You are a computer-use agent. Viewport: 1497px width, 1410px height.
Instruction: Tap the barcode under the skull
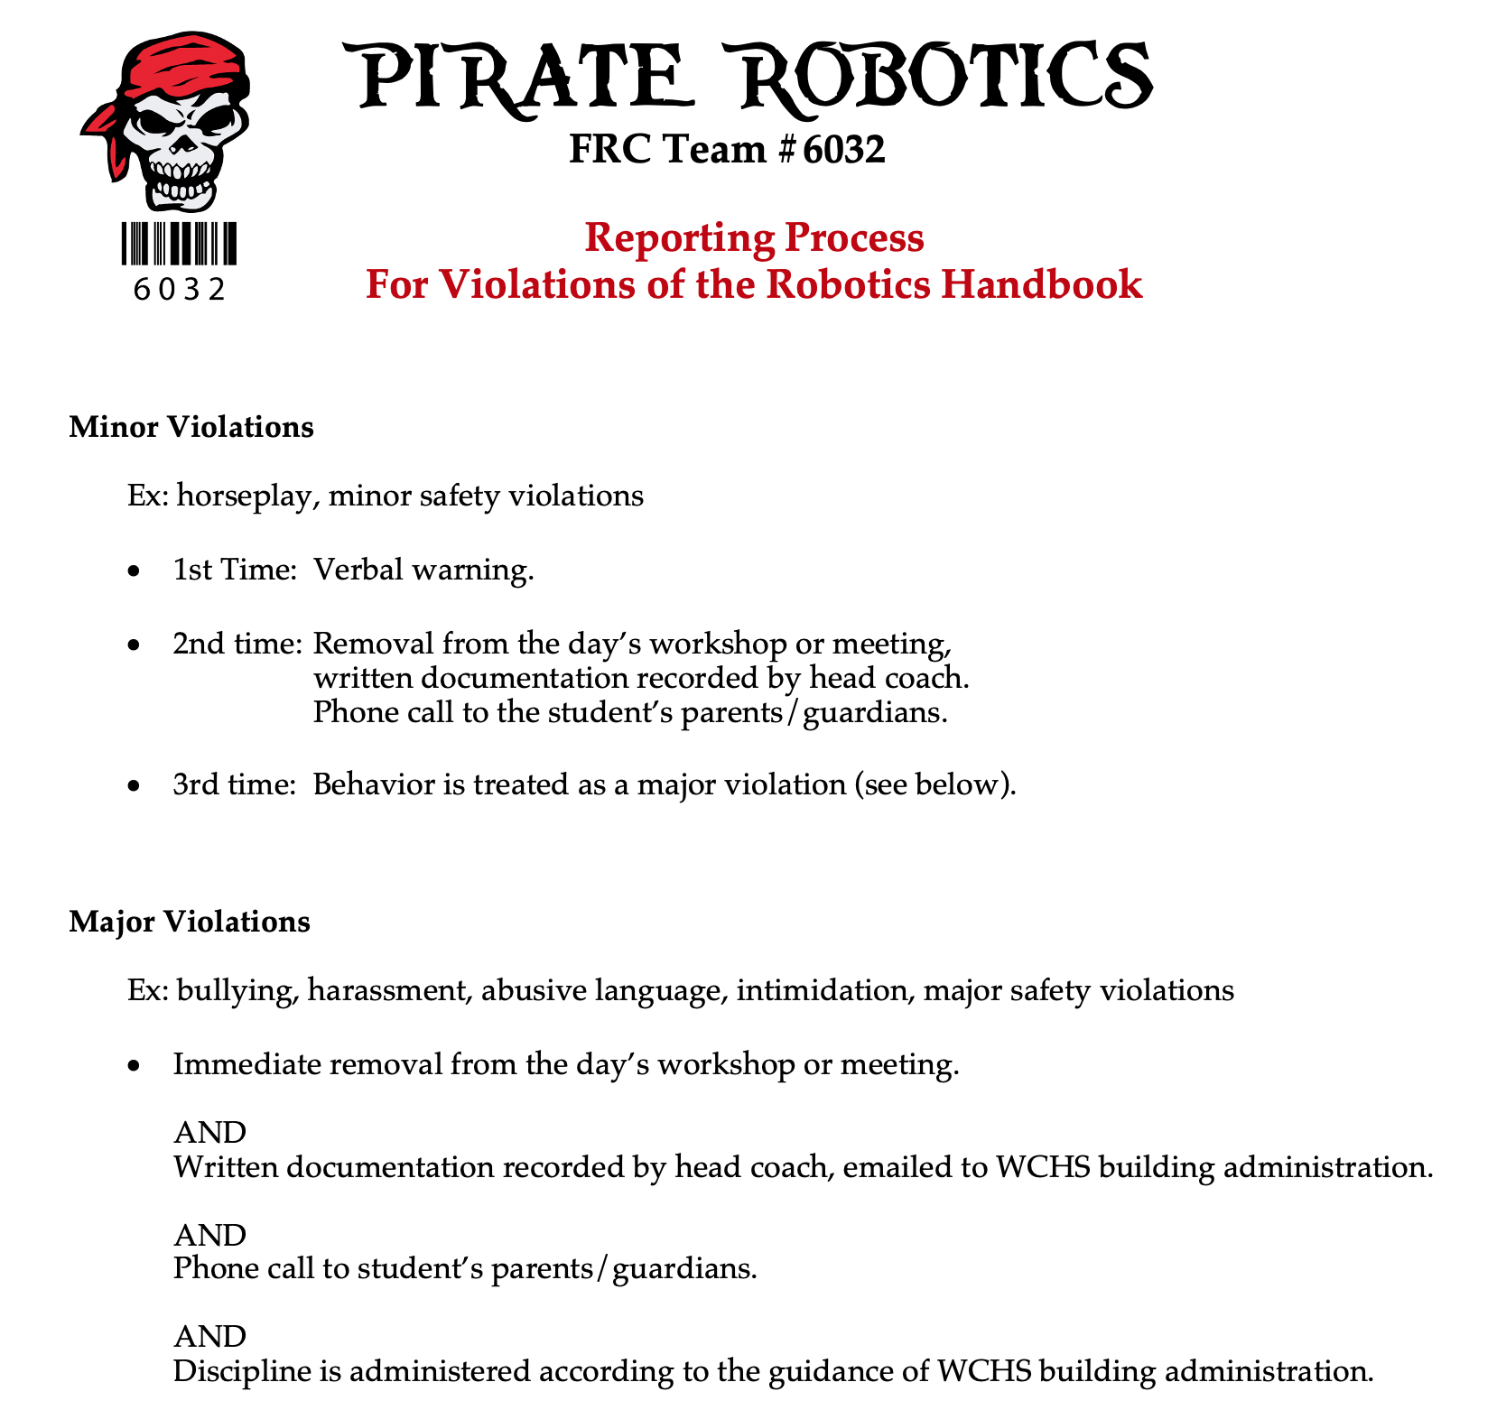pos(179,243)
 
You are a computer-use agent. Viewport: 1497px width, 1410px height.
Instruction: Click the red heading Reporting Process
pos(754,237)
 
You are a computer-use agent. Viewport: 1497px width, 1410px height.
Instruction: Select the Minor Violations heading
pos(191,426)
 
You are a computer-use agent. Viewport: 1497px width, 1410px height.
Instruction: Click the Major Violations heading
pos(190,922)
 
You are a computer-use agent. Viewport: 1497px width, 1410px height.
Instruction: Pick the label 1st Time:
pos(235,570)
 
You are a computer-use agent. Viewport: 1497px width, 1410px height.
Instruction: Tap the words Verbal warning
pos(423,570)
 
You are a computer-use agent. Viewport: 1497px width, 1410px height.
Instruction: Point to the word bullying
pos(237,991)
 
